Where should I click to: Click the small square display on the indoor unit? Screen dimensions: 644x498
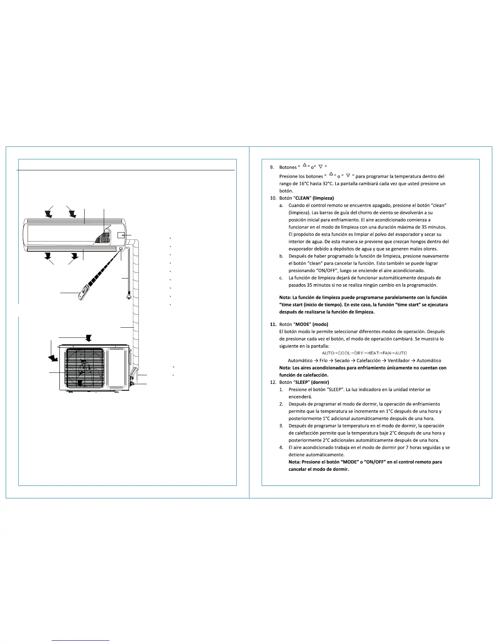[x=121, y=235]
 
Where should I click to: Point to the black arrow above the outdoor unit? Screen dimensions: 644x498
[x=88, y=338]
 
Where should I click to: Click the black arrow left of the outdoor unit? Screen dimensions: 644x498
[x=52, y=358]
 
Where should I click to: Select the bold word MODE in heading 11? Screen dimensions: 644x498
[x=303, y=324]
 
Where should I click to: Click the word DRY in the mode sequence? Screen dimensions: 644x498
[x=358, y=353]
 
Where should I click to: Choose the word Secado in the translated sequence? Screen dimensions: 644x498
[x=342, y=361]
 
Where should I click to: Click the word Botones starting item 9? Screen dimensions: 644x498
[x=288, y=168]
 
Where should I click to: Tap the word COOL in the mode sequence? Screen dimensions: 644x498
[x=344, y=353]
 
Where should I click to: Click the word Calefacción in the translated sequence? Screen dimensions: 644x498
[x=369, y=361]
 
